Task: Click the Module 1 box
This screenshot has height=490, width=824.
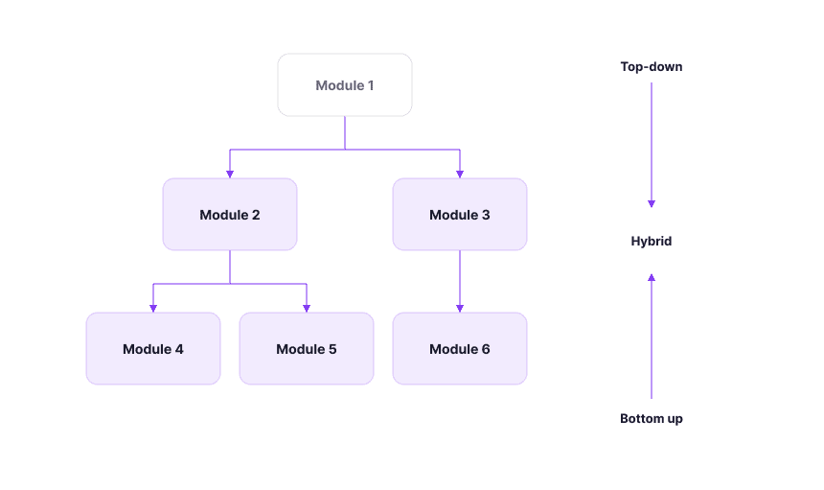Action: coord(345,84)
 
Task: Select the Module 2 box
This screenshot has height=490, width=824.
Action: coord(230,214)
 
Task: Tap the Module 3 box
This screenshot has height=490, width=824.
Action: coord(460,214)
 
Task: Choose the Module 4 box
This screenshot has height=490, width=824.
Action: coord(153,349)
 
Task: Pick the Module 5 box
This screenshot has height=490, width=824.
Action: coord(307,349)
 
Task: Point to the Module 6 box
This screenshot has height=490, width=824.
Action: coord(460,349)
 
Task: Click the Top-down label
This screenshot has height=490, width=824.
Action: coord(652,67)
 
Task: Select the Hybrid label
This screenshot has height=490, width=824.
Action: coord(652,241)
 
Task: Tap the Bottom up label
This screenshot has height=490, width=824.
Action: coord(652,418)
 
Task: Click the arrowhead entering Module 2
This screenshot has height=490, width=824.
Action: coord(230,175)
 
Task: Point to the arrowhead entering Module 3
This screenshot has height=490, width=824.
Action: coord(460,175)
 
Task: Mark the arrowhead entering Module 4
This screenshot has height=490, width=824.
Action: coord(153,309)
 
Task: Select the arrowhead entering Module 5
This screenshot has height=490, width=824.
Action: coord(307,309)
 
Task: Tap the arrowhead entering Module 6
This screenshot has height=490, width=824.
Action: coord(460,309)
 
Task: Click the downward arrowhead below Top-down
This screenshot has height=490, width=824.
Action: coord(652,204)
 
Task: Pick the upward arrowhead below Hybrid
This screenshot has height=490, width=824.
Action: coord(652,277)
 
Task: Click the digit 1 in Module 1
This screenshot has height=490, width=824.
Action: coord(371,85)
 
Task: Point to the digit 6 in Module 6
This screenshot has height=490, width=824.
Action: coord(486,349)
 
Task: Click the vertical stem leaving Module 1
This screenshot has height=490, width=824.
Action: coord(345,132)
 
